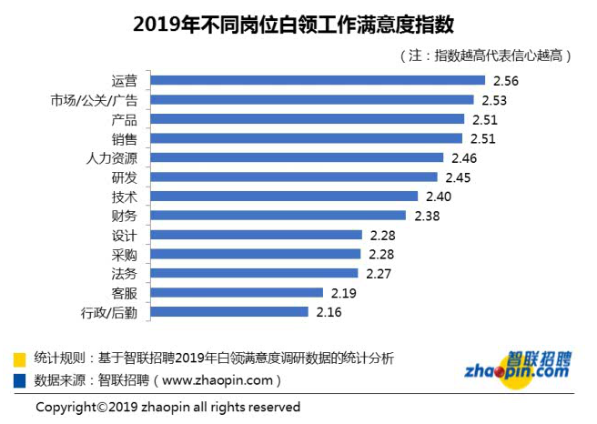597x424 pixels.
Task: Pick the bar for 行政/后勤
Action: click(228, 312)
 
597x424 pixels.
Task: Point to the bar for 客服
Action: click(236, 293)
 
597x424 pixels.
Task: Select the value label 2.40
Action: click(438, 197)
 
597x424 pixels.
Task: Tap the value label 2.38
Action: click(428, 216)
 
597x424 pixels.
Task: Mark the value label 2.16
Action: click(329, 312)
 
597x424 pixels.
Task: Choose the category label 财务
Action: click(123, 216)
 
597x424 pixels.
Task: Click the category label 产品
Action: click(123, 119)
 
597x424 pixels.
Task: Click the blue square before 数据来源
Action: click(20, 379)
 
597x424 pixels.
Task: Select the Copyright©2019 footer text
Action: click(167, 407)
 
